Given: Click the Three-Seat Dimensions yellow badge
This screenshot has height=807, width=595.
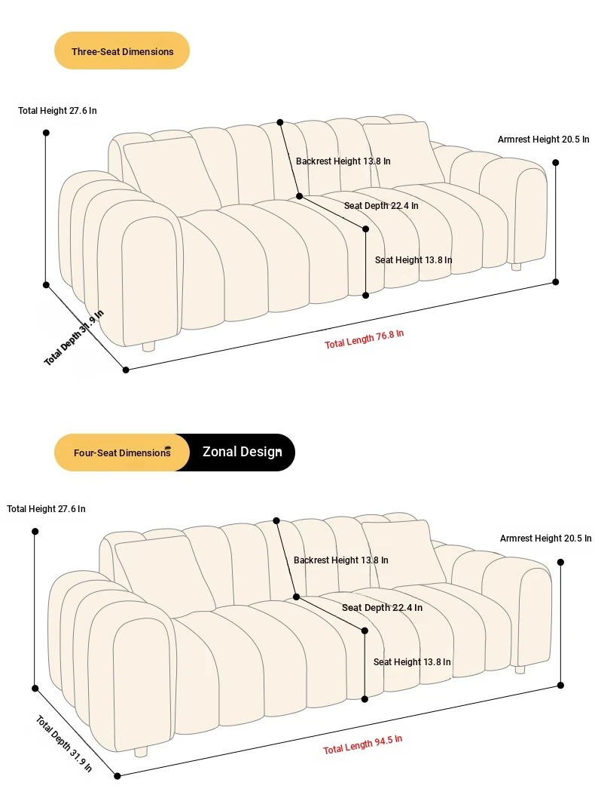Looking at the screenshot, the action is point(122,51).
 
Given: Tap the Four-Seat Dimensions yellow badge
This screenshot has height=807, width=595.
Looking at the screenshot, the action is point(122,453).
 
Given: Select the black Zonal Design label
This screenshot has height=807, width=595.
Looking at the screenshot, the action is point(242,452).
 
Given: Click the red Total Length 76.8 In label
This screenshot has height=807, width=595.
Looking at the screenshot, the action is point(364,339).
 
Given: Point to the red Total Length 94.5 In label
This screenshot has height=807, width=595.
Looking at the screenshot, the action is point(362,744).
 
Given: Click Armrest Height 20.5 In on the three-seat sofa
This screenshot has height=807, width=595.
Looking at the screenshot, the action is point(543,139).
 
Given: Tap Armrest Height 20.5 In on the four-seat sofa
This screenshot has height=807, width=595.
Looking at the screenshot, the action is point(545,539).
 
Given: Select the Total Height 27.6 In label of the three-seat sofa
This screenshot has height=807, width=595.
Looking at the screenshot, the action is point(57,111).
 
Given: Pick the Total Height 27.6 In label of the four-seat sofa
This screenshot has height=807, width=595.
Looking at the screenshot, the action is point(46,509).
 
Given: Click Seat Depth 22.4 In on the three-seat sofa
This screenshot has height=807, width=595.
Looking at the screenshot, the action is point(381,206).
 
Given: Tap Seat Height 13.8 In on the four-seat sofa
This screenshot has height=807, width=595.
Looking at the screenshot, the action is point(411,662).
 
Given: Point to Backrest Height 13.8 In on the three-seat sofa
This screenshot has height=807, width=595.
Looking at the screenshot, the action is point(343,161).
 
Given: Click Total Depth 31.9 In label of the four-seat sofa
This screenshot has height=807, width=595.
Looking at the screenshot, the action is point(64,743).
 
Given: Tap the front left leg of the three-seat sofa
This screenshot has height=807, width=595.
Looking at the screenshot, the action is point(148,346).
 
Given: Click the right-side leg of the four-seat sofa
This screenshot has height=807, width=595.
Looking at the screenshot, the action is point(520,669).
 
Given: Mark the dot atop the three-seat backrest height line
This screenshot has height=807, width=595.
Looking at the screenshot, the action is point(280,122).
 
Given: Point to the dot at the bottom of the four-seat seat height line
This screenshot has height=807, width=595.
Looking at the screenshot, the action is point(365,699).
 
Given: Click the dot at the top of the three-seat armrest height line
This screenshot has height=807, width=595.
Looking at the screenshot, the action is point(555,162).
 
